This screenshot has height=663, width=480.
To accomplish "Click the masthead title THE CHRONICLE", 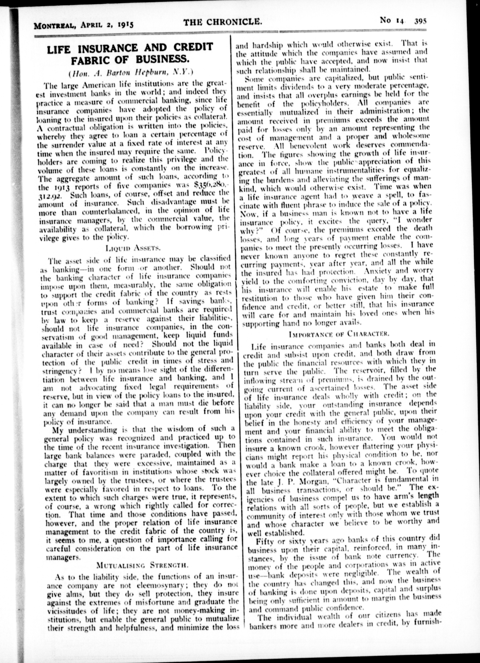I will coord(222,22).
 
